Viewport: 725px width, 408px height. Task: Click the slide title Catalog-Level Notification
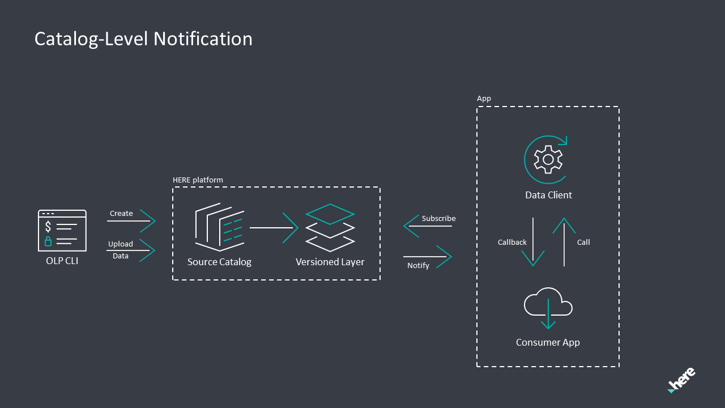[x=143, y=39]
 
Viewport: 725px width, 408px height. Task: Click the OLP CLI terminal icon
[x=62, y=231]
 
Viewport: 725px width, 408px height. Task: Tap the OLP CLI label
[x=62, y=261]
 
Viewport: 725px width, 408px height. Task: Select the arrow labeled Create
[x=131, y=221]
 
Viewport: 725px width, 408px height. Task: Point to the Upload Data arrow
[x=131, y=250]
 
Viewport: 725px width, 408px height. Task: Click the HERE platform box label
[x=198, y=180]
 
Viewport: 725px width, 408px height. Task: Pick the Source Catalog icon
[x=219, y=228]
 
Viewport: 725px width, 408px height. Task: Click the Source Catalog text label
[x=219, y=262]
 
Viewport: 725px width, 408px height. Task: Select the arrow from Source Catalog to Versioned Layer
[x=274, y=228]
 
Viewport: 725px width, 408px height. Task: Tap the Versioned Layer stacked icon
[x=330, y=228]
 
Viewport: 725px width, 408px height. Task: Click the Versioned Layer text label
[x=330, y=262]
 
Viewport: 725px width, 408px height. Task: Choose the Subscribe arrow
[x=428, y=226]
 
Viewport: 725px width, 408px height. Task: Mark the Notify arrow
[x=428, y=257]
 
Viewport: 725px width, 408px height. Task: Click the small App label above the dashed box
[x=484, y=99]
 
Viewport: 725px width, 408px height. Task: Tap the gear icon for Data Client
[x=547, y=159]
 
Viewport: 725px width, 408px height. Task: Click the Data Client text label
[x=548, y=195]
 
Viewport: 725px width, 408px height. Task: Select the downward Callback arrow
[x=532, y=242]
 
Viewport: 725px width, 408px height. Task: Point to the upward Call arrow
[x=564, y=242]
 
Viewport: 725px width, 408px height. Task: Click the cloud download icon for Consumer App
[x=548, y=308]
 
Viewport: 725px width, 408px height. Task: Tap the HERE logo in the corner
[x=681, y=380]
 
